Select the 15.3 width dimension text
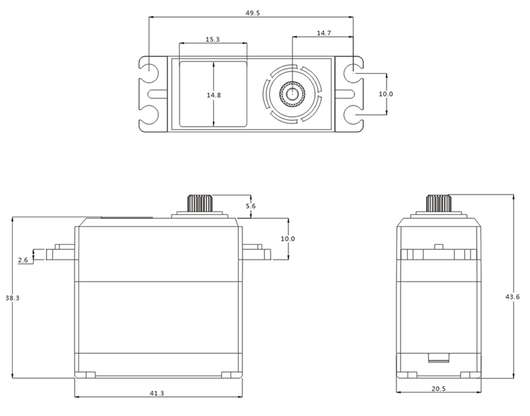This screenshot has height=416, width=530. pos(213,40)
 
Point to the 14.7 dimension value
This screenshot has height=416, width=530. pos(323,33)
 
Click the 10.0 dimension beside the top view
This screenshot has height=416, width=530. pos(385,93)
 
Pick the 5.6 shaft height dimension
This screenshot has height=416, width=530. pos(250,205)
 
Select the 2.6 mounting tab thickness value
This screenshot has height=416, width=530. pos(23,260)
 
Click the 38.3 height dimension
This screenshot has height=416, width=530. pos(12,299)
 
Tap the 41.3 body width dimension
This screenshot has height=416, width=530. pos(157,393)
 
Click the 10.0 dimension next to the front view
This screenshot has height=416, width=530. pos(288,239)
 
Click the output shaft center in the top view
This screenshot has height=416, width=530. pos(292,93)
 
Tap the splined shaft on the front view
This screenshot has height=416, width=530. pos(201,202)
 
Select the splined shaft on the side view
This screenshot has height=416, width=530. pos(438,202)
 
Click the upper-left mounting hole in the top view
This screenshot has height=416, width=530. pos(150,72)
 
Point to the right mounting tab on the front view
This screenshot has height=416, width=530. pos(254,253)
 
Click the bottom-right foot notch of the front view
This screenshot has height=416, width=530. pos(228,375)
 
